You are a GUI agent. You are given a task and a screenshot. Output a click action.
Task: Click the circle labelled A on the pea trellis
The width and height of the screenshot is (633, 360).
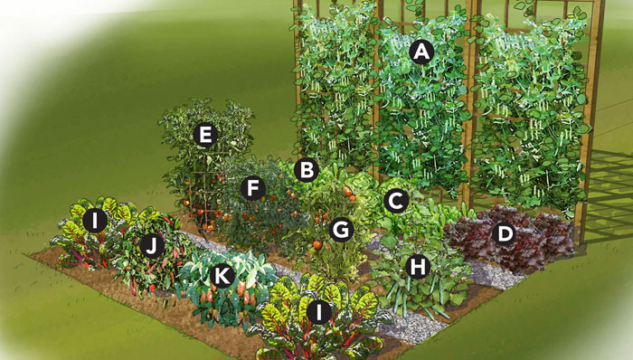[421, 52]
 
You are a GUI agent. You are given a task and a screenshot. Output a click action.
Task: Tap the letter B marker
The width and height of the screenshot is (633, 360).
[307, 170]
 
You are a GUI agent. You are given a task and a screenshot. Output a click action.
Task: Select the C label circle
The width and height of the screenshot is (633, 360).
[396, 201]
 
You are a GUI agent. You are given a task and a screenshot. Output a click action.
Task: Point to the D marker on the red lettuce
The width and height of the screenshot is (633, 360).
[505, 234]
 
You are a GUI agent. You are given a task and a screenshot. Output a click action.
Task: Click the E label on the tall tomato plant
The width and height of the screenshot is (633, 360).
[205, 135]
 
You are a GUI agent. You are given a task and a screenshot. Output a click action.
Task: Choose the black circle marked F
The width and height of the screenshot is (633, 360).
[252, 188]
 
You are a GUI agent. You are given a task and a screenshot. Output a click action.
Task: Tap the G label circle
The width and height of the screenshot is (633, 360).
[341, 230]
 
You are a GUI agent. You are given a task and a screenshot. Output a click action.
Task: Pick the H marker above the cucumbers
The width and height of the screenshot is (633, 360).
[418, 266]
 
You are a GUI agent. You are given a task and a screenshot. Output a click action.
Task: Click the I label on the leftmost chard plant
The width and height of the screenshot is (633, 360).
[95, 221]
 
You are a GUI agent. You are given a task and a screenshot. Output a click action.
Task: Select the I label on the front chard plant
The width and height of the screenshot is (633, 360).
[318, 312]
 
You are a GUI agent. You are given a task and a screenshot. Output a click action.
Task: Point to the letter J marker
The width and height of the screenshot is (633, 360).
[151, 247]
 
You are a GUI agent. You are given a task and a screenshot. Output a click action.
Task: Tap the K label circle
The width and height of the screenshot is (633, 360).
[222, 277]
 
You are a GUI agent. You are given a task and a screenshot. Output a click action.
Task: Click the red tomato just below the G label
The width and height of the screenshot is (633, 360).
[317, 244]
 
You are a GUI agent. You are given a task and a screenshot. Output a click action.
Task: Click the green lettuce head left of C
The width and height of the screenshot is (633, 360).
[363, 186]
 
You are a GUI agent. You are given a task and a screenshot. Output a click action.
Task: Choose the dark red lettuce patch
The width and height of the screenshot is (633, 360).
[511, 238]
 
